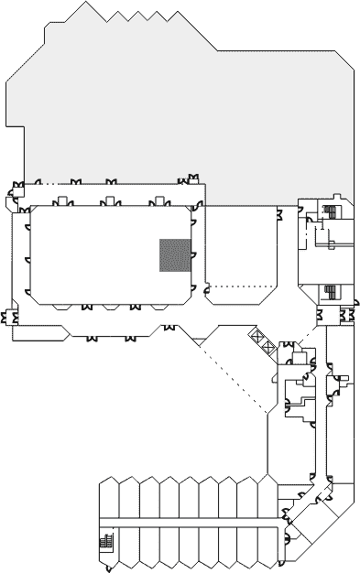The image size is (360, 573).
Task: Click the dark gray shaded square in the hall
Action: coord(174,254)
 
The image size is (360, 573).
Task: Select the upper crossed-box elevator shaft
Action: coord(257,336)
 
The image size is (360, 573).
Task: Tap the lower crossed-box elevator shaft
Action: coord(266,347)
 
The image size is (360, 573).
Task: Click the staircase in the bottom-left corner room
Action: coord(104,543)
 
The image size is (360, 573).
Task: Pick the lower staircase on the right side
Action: coord(329,293)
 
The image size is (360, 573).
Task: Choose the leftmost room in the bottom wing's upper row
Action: coord(109,499)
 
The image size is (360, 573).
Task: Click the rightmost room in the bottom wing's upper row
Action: coord(267,499)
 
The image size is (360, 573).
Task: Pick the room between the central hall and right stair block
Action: coord(242,247)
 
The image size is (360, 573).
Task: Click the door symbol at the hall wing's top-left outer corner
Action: coord(16,190)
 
